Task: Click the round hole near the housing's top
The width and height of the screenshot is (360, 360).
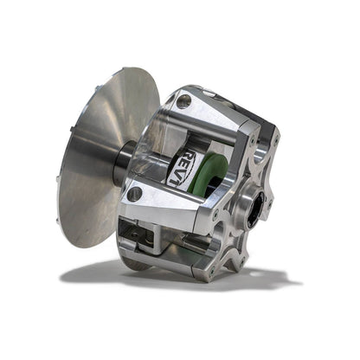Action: coord(183,102)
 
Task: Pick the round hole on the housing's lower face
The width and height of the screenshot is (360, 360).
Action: coord(135,194)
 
